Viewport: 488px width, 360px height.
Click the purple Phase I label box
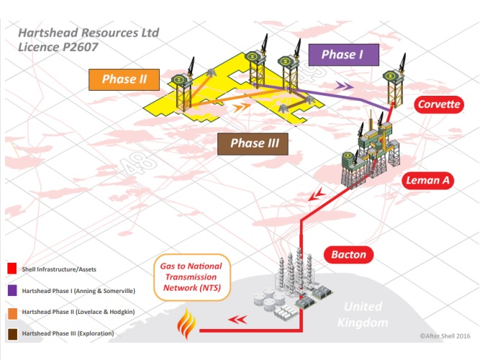338,55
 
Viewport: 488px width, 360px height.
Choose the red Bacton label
348,254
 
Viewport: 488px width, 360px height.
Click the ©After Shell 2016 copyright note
449,336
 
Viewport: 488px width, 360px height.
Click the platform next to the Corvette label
393,86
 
